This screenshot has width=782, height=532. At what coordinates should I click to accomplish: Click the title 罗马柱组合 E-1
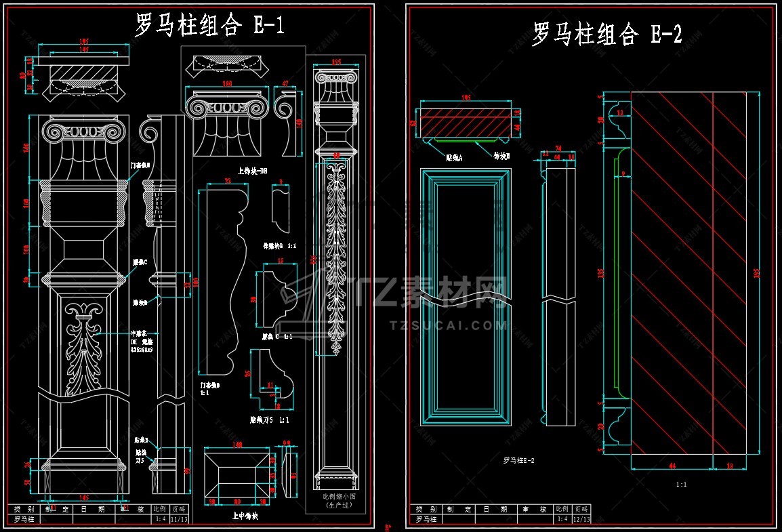pyautogui.click(x=209, y=26)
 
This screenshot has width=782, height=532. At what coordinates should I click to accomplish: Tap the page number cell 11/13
pyautogui.click(x=179, y=519)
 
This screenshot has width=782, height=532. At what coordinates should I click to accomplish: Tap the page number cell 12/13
pyautogui.click(x=581, y=519)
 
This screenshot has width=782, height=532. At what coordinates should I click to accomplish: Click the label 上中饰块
pyautogui.click(x=245, y=516)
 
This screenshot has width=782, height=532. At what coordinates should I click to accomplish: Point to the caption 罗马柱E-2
pyautogui.click(x=519, y=461)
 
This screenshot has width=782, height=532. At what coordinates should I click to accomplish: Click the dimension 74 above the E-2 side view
pyautogui.click(x=559, y=148)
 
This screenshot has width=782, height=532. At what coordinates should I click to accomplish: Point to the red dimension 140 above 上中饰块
pyautogui.click(x=237, y=445)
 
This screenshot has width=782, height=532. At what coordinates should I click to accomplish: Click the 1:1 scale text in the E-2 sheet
pyautogui.click(x=682, y=485)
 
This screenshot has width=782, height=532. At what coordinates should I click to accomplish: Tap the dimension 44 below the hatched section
pyautogui.click(x=672, y=466)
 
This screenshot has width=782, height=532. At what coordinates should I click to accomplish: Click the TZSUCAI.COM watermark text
pyautogui.click(x=449, y=325)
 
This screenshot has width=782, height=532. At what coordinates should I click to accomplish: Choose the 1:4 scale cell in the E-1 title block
pyautogui.click(x=160, y=519)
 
